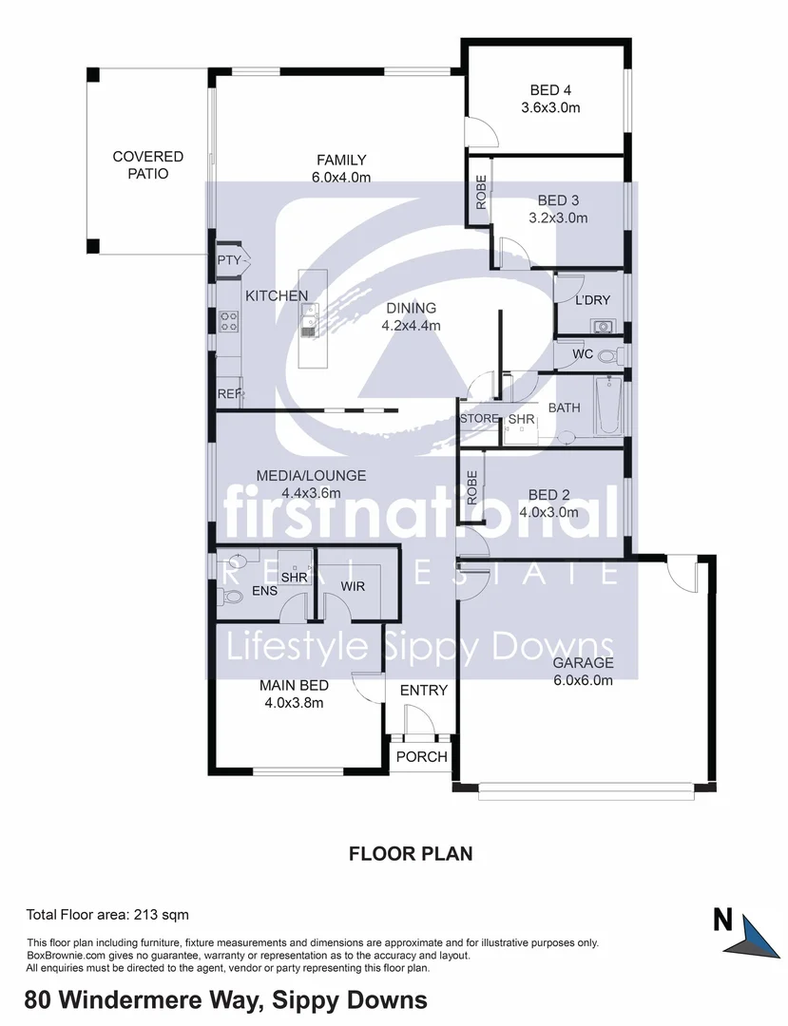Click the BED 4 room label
(550, 91)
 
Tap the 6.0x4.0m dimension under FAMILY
(341, 177)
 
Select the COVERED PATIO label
(147, 165)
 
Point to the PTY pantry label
(228, 260)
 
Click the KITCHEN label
(277, 296)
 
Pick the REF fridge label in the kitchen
(229, 393)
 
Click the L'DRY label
(592, 301)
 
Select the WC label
(583, 354)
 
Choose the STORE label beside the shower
(478, 419)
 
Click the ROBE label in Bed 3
(481, 193)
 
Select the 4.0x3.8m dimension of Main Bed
(295, 703)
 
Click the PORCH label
(421, 757)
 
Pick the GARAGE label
(584, 663)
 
